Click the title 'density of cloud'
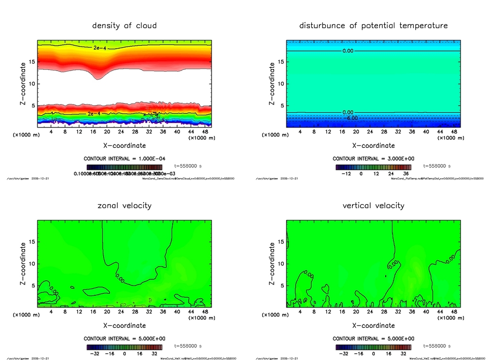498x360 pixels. [124, 25]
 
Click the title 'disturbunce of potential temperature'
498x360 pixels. [373, 25]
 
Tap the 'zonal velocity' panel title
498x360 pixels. [124, 205]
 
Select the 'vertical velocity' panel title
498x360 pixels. [373, 205]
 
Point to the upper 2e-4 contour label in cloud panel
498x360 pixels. [100, 48]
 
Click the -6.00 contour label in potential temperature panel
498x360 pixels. [351, 118]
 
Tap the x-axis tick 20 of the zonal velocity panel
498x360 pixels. [107, 311]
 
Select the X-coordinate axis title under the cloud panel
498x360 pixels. [124, 145]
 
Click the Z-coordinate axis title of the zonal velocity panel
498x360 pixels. [23, 264]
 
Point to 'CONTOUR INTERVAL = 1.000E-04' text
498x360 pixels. [124, 159]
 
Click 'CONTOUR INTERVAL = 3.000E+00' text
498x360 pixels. [373, 159]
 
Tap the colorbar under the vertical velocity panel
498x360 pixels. [373, 347]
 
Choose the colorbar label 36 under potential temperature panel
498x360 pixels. [403, 173]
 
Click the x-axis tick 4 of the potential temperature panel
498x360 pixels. [300, 131]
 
